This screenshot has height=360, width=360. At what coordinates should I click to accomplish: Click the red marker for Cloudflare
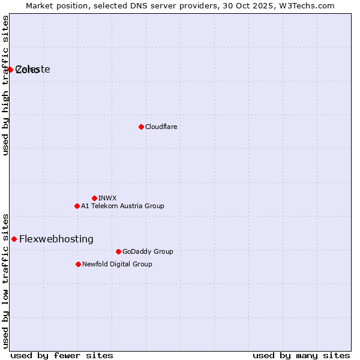click(x=141, y=127)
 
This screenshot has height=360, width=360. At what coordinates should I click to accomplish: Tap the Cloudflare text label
click(x=161, y=127)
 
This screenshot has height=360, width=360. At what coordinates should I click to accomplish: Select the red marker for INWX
click(x=94, y=198)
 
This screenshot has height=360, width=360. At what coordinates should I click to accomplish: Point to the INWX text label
click(x=107, y=198)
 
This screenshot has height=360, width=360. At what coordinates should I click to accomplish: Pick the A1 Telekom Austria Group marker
click(x=77, y=206)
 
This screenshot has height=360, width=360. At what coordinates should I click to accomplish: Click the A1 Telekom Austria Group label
click(x=122, y=206)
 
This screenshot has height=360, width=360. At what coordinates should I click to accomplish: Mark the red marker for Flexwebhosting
click(x=14, y=239)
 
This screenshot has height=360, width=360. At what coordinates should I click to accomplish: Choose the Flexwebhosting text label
click(x=56, y=239)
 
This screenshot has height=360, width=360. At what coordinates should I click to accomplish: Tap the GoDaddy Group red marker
click(x=118, y=251)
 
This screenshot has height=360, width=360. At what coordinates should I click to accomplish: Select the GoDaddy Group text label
click(x=148, y=251)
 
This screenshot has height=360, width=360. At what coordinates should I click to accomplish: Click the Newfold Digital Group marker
click(x=78, y=264)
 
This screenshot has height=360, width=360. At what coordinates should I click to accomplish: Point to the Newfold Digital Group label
click(x=117, y=264)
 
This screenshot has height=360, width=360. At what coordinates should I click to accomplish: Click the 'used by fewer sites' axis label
click(x=62, y=355)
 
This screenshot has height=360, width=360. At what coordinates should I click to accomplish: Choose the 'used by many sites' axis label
click(x=301, y=355)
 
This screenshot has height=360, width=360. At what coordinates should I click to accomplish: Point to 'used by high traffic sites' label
click(x=5, y=85)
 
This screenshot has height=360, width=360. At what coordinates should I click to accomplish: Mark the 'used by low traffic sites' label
click(x=5, y=280)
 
